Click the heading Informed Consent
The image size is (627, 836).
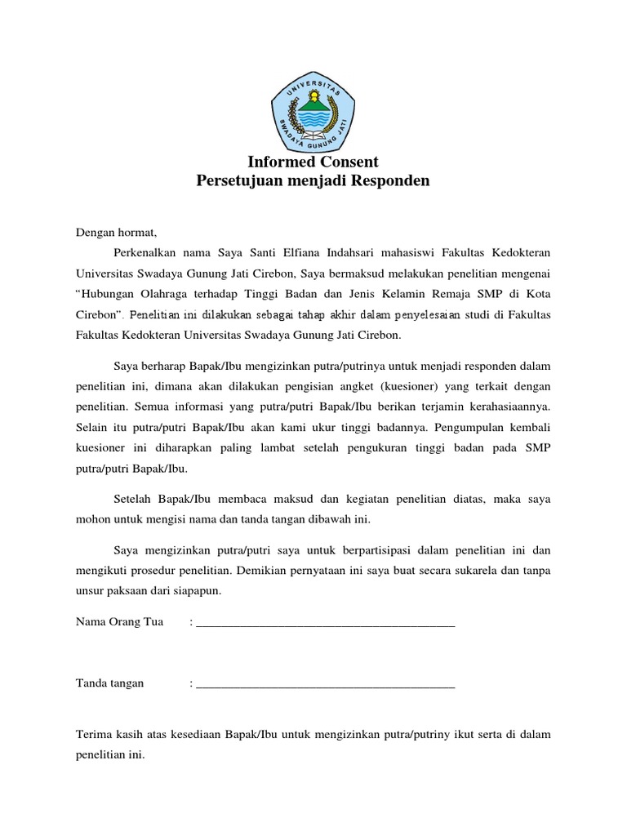(313, 162)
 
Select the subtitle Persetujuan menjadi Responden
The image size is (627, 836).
(313, 180)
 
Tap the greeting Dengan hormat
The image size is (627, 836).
(114, 233)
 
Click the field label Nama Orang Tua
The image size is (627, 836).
(119, 622)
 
